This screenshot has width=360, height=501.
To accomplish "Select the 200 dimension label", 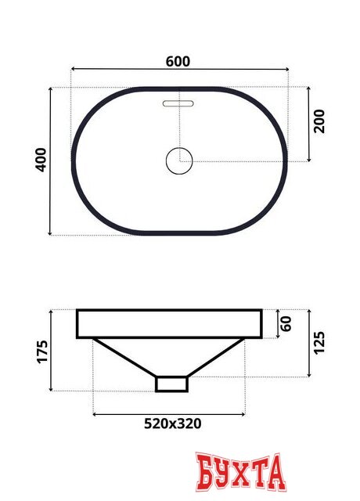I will [x=319, y=122].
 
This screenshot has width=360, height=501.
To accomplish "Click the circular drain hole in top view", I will [x=179, y=161].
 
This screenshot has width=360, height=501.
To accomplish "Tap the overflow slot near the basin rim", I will [x=179, y=103].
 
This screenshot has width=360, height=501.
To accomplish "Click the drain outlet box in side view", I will [x=172, y=384].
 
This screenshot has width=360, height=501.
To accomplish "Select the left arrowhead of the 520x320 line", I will [x=95, y=413].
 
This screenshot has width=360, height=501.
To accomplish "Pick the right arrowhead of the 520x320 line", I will [x=250, y=413].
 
